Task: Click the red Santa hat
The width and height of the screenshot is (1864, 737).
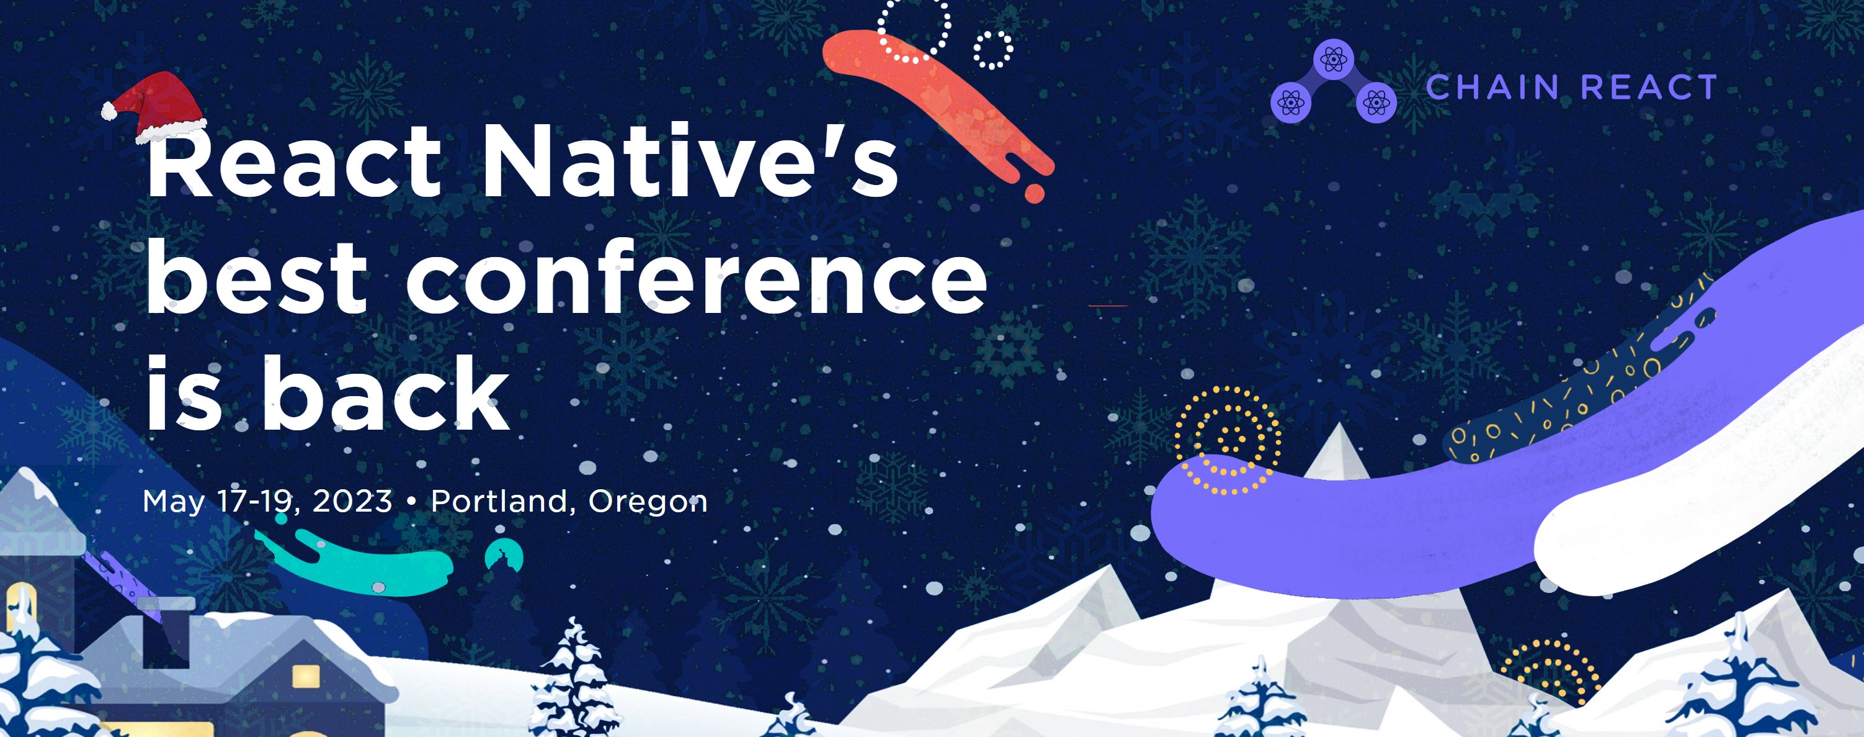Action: click(x=159, y=105)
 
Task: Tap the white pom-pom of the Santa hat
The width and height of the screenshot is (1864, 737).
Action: click(x=109, y=111)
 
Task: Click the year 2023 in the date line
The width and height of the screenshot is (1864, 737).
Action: click(x=352, y=501)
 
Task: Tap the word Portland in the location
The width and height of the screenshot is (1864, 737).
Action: click(x=499, y=501)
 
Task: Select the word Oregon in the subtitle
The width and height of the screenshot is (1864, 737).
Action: click(x=648, y=502)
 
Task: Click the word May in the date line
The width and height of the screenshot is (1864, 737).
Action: click(x=174, y=502)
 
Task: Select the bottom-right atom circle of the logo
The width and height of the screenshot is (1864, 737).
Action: click(x=1376, y=104)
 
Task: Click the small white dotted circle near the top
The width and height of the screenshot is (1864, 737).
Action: click(x=992, y=50)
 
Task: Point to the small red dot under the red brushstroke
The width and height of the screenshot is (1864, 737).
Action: click(x=1035, y=193)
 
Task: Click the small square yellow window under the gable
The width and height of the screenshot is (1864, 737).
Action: click(x=305, y=676)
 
